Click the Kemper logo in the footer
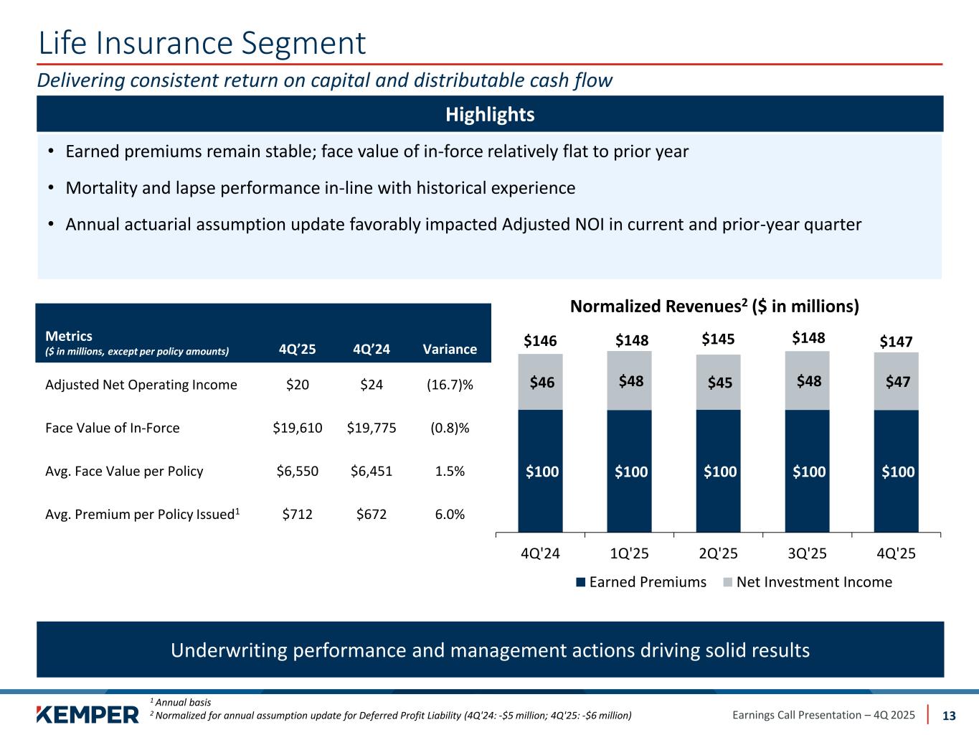click(x=87, y=715)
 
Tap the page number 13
click(x=949, y=715)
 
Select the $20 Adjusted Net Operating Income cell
click(x=298, y=385)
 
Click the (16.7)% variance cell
click(x=450, y=385)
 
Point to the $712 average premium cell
click(x=298, y=514)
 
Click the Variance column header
click(x=450, y=349)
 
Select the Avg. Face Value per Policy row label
click(x=124, y=471)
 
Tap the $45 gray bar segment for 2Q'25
click(x=719, y=383)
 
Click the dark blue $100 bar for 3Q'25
click(x=808, y=472)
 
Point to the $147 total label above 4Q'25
click(x=897, y=342)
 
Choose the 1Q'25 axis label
click(x=629, y=553)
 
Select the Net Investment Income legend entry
click(x=806, y=581)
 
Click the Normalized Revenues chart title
click(x=714, y=306)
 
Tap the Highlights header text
click(x=490, y=114)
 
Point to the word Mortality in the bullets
click(x=97, y=188)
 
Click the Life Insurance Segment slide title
click(x=202, y=43)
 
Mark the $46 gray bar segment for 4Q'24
click(x=541, y=383)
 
